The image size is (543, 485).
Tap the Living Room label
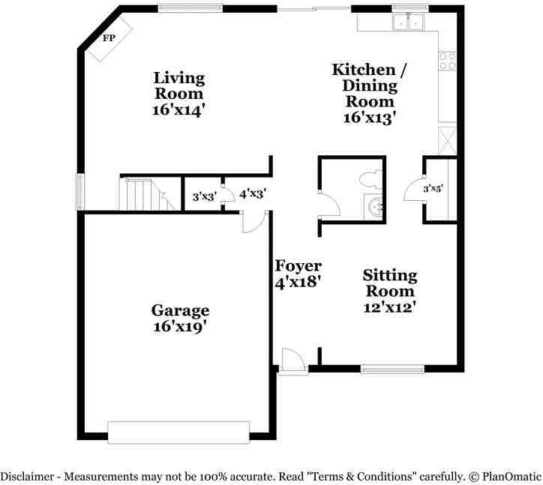click(179, 85)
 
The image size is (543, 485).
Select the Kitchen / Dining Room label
click(370, 85)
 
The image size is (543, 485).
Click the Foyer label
click(298, 266)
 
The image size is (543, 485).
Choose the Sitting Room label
click(389, 283)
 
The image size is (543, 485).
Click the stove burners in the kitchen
click(447, 61)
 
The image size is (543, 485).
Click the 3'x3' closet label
click(205, 197)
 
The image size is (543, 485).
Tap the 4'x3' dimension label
click(253, 193)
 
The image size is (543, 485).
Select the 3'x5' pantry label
click(433, 189)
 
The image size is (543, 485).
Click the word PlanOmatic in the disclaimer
click(509, 475)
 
